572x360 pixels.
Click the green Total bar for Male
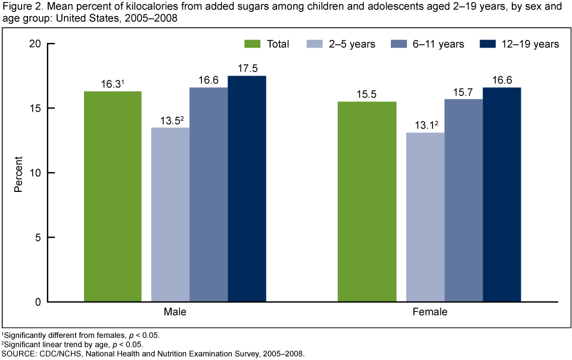coord(113,197)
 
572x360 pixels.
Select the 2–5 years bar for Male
coord(170,215)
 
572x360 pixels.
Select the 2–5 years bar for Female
coord(425,217)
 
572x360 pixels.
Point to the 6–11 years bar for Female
coord(463,200)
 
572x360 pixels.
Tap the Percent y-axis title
coord(19,173)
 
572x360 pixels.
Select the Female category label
coord(431,312)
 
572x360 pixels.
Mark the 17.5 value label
coord(247,69)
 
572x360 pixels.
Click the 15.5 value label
coord(366,94)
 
